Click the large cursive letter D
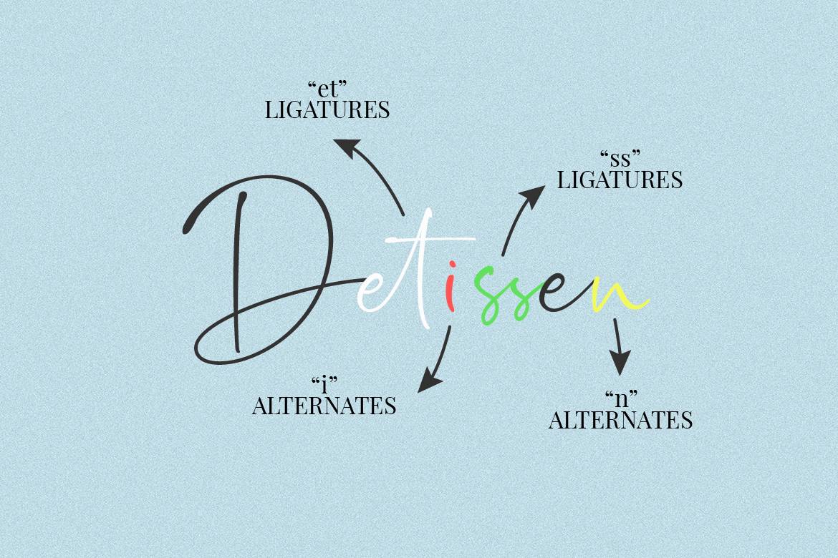pyautogui.click(x=237, y=273)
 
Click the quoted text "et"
pyautogui.click(x=327, y=89)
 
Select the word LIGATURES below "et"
pyautogui.click(x=327, y=110)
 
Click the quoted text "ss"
pyautogui.click(x=620, y=159)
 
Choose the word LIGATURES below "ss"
pyautogui.click(x=620, y=180)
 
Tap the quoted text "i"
pyautogui.click(x=324, y=384)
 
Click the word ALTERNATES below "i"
pyautogui.click(x=324, y=406)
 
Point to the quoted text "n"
pyautogui.click(x=621, y=399)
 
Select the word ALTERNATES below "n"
pyautogui.click(x=621, y=420)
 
